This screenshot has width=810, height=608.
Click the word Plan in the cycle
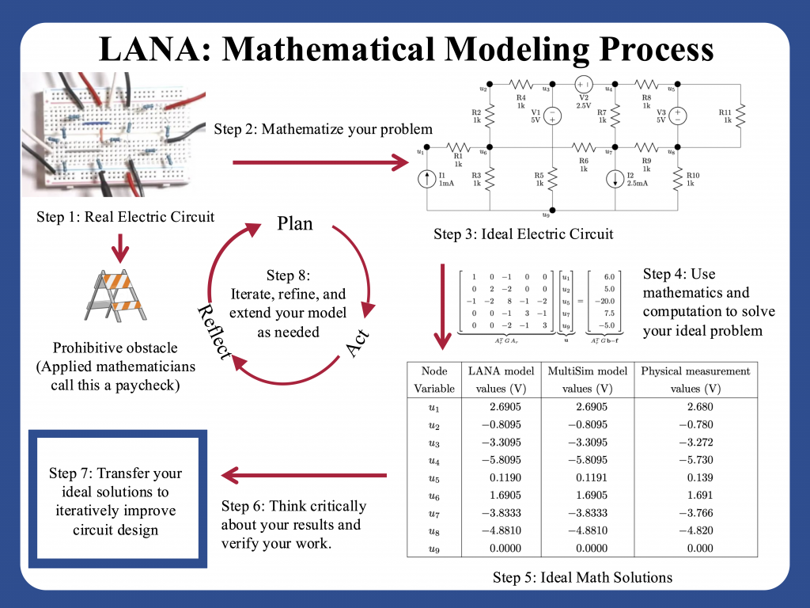[295, 224]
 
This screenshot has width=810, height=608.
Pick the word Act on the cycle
[358, 341]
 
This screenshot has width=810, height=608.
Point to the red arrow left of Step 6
[304, 476]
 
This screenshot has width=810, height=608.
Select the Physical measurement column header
[695, 379]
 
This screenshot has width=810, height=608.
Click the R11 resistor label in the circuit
[725, 117]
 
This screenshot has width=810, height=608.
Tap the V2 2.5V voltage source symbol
[583, 84]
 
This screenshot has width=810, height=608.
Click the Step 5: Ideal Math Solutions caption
[582, 577]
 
